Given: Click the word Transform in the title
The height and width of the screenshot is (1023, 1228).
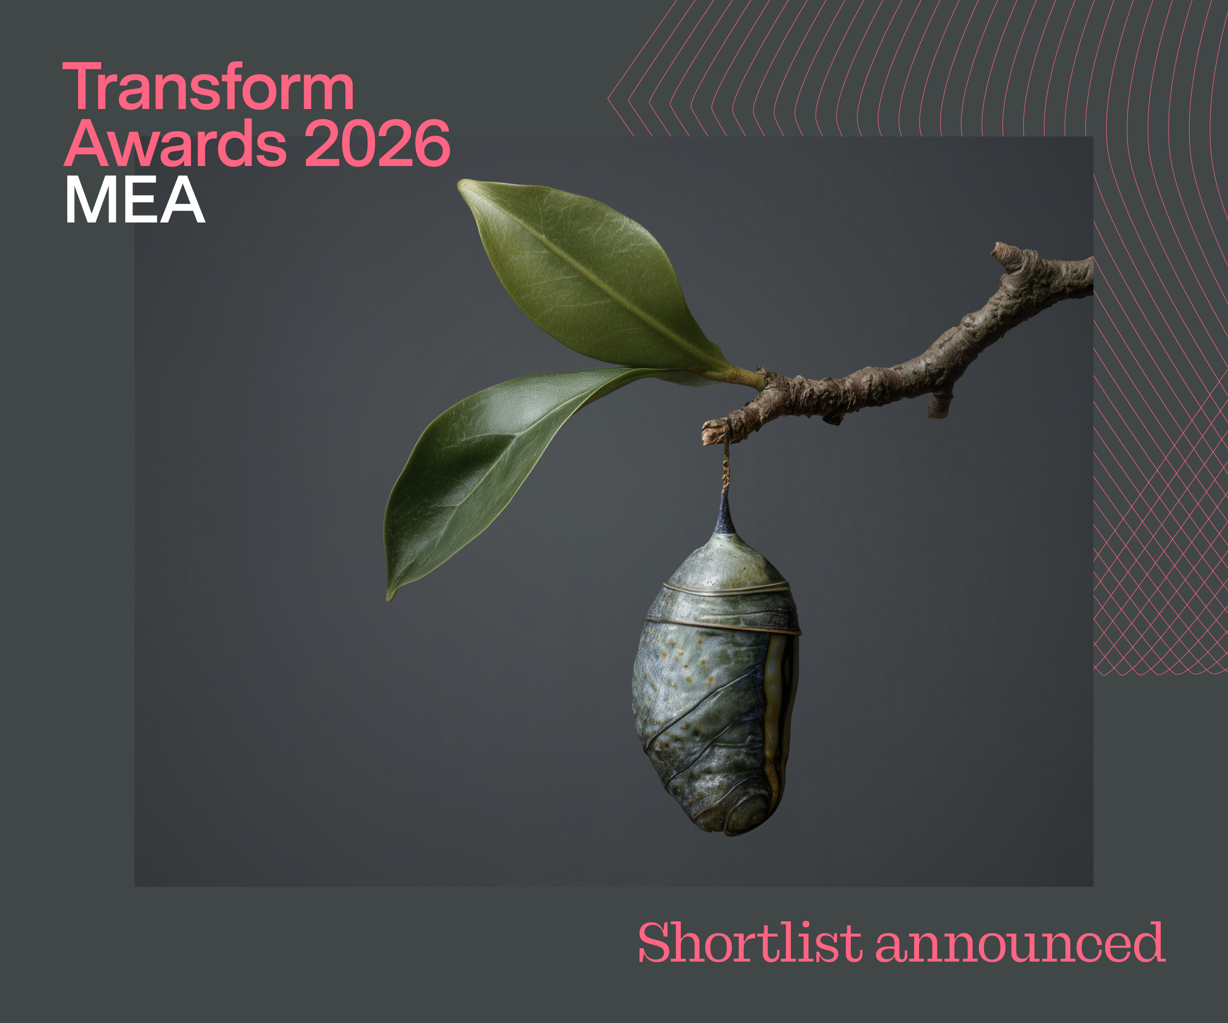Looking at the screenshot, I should click(x=208, y=88).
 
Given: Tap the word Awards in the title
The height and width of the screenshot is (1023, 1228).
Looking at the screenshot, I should click(x=175, y=144).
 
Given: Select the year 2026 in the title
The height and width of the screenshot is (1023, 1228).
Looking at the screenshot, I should click(x=377, y=144).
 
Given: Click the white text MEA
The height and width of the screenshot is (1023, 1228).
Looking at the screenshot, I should click(x=135, y=200).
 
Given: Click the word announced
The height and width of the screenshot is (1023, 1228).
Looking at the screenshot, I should click(x=1020, y=944).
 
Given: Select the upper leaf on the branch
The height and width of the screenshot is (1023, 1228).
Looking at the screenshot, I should click(x=590, y=275).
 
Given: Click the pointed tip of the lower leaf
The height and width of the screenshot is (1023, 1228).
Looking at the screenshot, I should click(x=390, y=596).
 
